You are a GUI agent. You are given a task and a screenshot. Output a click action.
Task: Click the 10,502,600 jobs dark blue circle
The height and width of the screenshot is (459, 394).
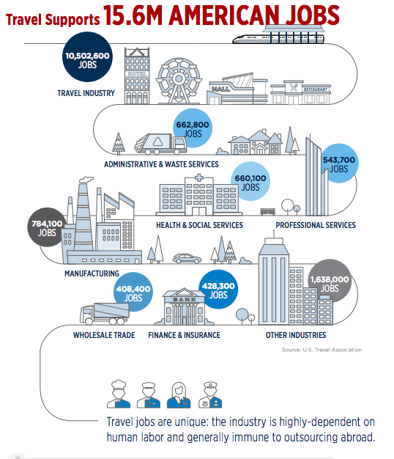tap(87, 56)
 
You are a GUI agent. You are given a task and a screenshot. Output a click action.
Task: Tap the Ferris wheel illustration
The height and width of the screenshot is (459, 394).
tap(179, 81)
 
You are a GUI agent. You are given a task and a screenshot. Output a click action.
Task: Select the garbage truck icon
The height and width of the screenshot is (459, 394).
tap(160, 144)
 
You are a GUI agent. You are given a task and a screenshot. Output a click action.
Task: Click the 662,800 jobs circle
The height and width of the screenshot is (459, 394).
tap(193, 128)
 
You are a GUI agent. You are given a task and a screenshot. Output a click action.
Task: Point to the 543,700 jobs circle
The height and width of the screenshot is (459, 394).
tap(339, 163)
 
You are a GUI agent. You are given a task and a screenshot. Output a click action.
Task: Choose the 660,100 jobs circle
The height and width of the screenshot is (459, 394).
tap(250, 182)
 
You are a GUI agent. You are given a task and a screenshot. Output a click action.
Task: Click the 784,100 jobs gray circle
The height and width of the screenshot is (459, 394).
tap(47, 227)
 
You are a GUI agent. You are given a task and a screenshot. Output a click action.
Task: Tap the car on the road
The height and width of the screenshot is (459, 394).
tap(187, 259)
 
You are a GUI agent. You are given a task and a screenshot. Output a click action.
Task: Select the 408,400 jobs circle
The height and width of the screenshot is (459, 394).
tap(133, 292)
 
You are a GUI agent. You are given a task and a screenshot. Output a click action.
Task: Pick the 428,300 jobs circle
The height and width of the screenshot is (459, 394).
tap(218, 289)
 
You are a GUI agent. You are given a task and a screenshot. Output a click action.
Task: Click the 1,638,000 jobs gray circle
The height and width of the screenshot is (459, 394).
tap(330, 281)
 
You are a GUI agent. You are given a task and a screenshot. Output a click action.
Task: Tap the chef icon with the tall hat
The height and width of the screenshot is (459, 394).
tap(119, 394)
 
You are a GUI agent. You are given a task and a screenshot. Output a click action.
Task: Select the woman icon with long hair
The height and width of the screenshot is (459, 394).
tap(179, 395)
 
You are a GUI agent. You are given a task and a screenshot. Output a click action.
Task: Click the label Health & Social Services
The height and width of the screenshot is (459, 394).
tap(199, 225)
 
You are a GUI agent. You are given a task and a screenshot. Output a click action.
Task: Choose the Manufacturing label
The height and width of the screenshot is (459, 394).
tap(92, 273)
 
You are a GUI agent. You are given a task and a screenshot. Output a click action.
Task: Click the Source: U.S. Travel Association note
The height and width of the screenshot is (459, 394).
tap(321, 350)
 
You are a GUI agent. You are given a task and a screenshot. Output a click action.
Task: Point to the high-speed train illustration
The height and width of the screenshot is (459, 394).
tap(278, 39)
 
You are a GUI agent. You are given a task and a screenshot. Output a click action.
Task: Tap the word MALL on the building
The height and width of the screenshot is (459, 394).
tap(220, 89)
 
